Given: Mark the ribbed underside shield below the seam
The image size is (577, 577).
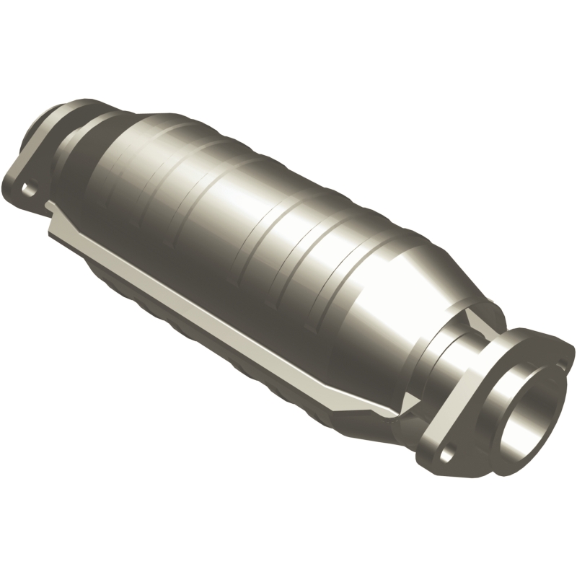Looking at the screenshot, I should tap(188, 325).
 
